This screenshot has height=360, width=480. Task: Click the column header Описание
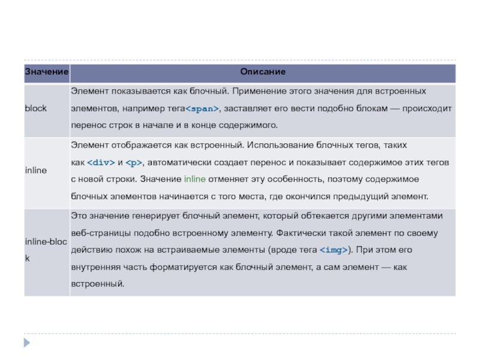(x=263, y=72)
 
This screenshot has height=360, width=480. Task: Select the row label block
(x=35, y=109)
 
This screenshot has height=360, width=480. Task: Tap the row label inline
(x=36, y=171)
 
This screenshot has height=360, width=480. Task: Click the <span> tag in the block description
(x=202, y=109)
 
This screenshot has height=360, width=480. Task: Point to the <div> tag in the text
(x=101, y=163)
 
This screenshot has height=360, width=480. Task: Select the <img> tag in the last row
(x=334, y=250)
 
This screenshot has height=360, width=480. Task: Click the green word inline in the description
(x=194, y=179)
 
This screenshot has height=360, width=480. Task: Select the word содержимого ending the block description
(x=249, y=126)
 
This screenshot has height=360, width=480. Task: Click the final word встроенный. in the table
(x=98, y=284)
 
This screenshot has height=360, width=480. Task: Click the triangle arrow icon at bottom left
(x=26, y=343)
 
